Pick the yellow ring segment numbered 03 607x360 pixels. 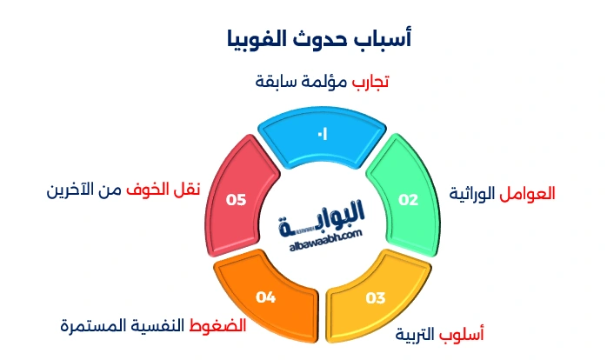tap(374, 296)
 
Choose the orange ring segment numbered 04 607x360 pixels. tap(266, 296)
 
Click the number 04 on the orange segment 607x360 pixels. tap(265, 298)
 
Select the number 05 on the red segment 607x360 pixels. tap(236, 199)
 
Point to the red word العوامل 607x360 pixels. tap(529, 193)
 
